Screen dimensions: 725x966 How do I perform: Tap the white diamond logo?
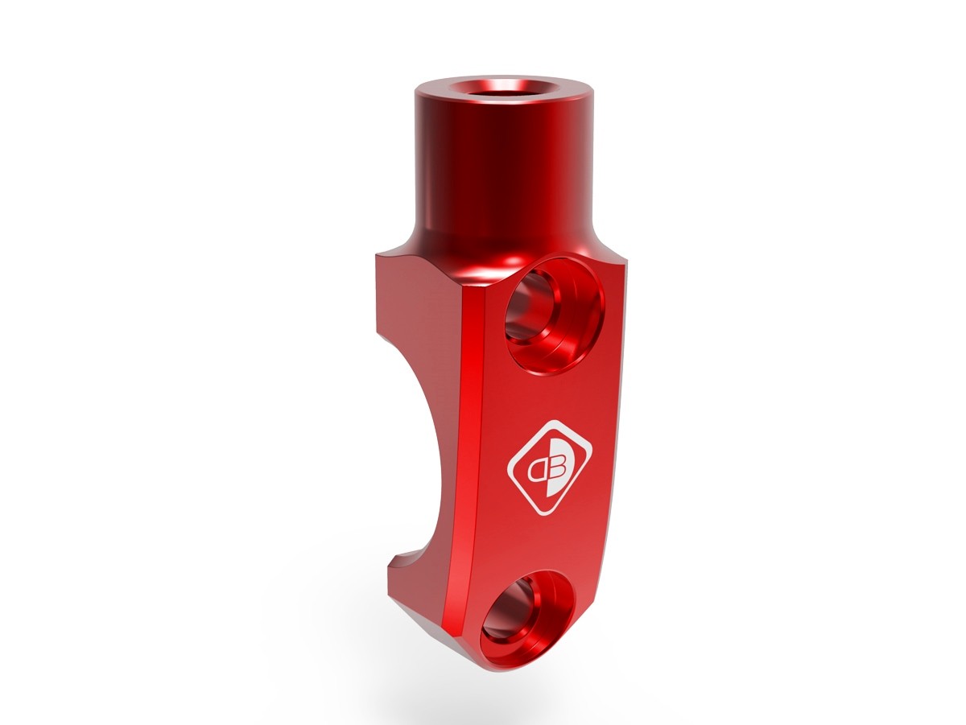(x=550, y=466)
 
